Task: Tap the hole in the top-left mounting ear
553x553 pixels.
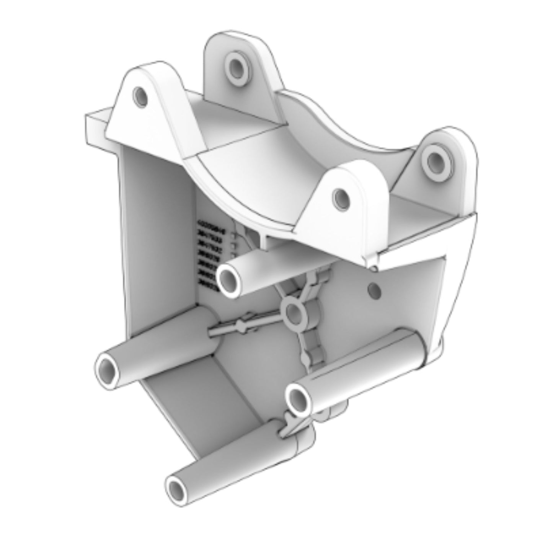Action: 140,96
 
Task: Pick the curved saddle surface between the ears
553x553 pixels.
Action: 245,161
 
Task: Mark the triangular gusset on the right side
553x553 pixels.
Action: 459,276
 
